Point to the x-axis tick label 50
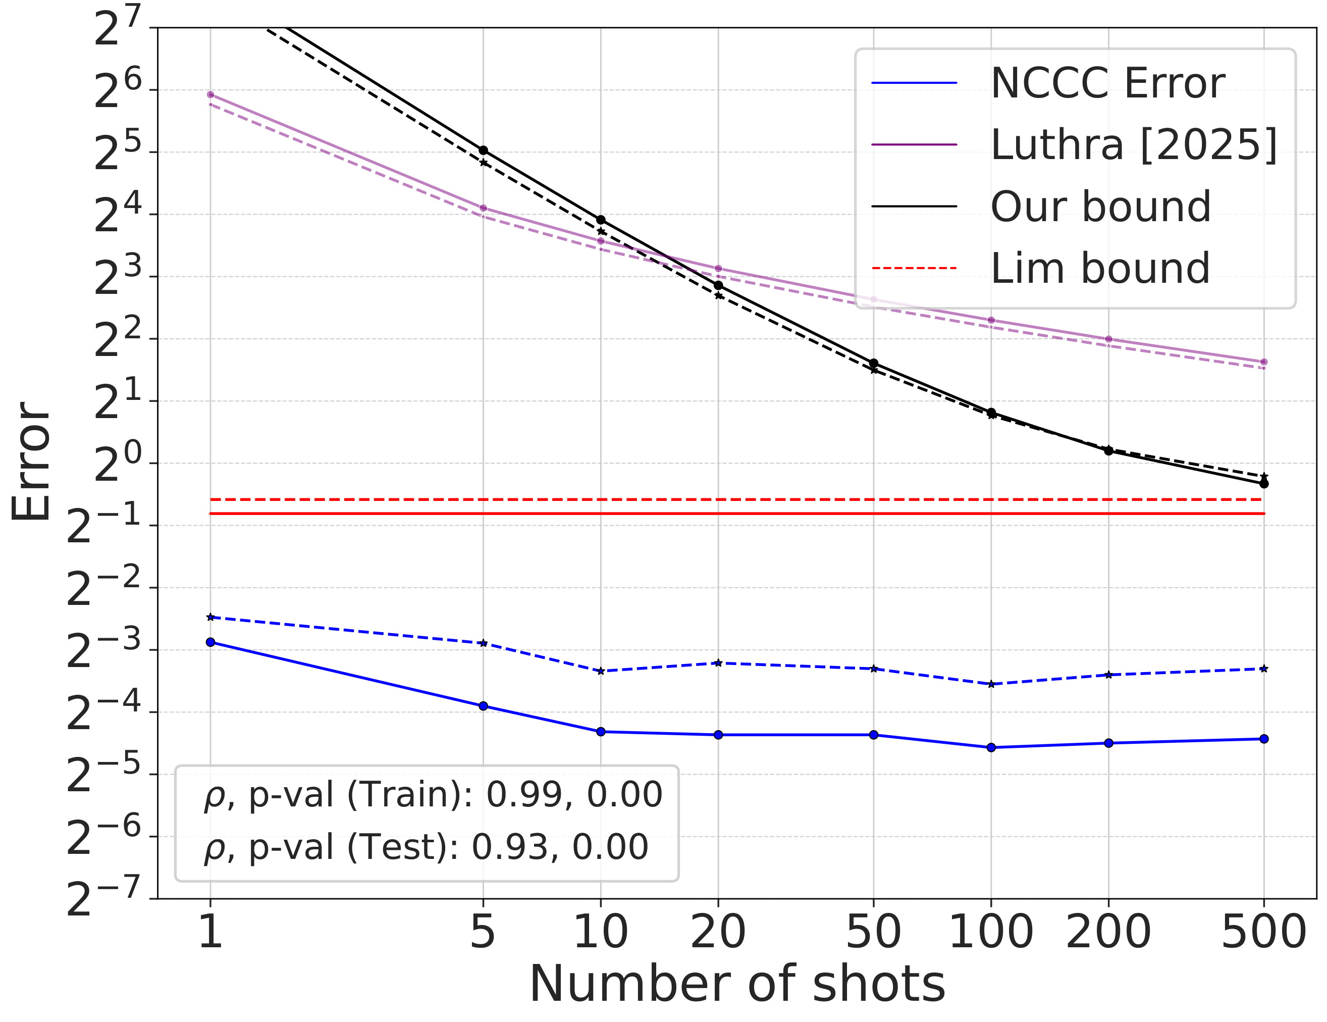click(873, 932)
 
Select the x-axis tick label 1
click(210, 932)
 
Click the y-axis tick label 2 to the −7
click(103, 897)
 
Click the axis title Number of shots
click(737, 985)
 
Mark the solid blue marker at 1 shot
click(210, 642)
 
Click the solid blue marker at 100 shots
click(991, 747)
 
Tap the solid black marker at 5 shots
click(483, 150)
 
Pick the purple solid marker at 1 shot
click(210, 94)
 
